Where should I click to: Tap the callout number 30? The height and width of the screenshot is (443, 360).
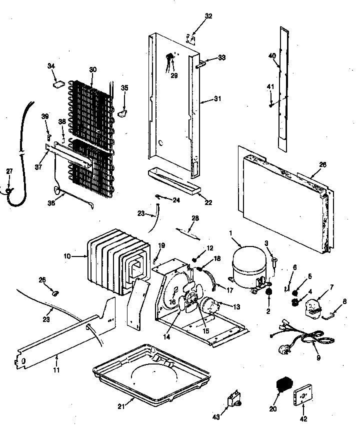coord(92,70)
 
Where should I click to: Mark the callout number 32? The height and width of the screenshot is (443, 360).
coord(208,16)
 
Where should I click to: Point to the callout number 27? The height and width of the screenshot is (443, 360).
coord(9,171)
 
